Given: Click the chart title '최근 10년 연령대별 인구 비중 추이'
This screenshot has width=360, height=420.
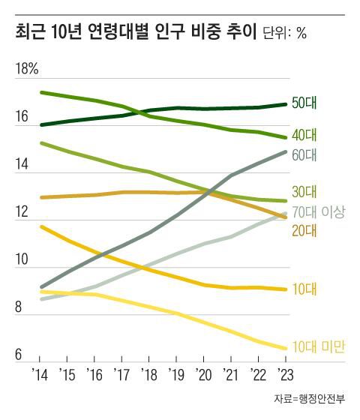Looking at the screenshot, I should point(136,32).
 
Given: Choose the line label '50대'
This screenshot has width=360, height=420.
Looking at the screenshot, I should point(305,103).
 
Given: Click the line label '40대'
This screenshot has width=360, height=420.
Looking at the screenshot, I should point(305,136).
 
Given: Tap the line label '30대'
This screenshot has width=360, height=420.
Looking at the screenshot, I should point(305,190).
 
